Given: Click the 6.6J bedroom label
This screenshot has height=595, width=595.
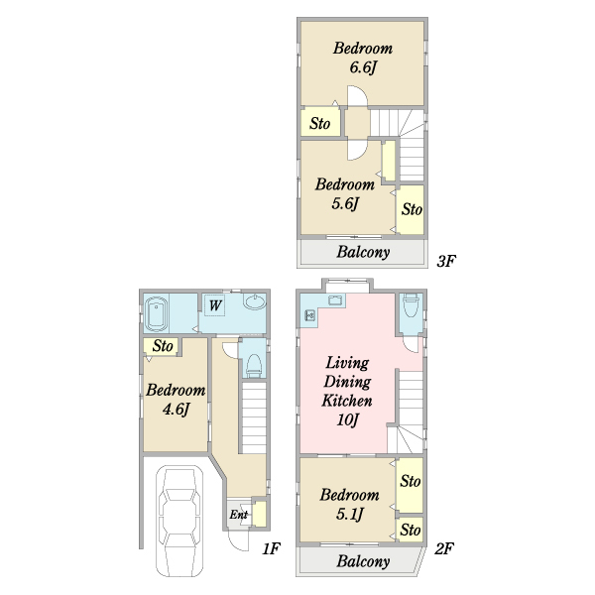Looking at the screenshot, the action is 363,59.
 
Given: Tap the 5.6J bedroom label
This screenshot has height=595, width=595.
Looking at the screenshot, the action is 344,194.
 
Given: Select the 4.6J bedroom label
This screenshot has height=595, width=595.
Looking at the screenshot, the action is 176,400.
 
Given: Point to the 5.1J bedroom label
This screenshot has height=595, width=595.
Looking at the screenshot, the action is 349,505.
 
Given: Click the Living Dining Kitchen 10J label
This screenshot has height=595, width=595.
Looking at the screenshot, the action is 347,392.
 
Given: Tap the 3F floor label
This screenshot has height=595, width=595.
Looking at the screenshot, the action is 446,261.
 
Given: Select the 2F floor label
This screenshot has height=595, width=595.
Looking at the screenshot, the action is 444,548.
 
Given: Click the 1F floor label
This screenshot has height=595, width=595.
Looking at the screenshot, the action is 272,548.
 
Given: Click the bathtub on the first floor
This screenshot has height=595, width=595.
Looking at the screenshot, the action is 156,314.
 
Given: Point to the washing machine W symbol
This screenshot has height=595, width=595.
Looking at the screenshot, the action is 215,305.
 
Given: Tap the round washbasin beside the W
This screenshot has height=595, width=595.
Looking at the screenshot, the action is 255,301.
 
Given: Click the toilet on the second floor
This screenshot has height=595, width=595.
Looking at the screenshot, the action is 411,305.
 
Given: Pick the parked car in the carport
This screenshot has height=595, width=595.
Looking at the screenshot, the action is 179,521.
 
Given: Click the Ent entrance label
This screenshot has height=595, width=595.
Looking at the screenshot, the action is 238,515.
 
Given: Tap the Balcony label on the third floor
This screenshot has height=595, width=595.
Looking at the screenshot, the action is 363,252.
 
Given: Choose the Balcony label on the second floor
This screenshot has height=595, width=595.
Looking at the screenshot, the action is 363,561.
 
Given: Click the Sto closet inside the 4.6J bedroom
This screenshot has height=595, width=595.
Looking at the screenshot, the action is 163,346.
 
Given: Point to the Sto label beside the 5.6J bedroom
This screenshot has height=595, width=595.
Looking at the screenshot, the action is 412,209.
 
